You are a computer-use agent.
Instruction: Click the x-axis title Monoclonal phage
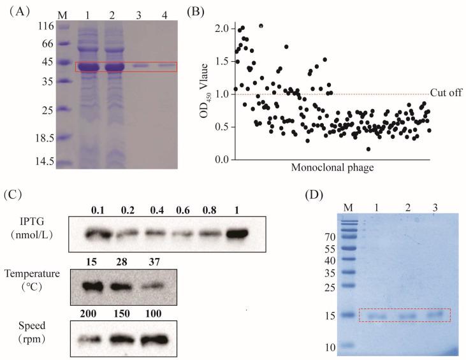[x=331, y=169]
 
